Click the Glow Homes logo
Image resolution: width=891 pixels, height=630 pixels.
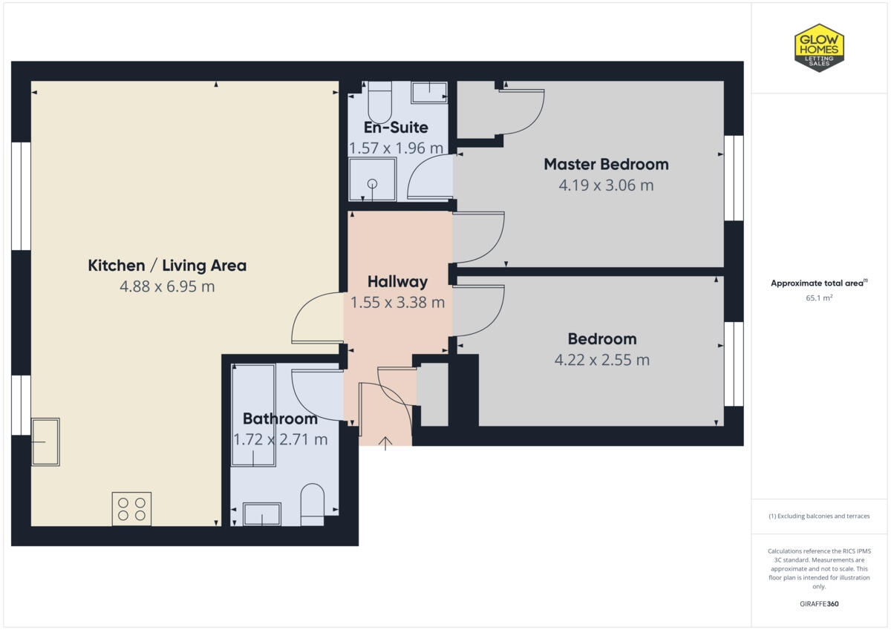[x=819, y=47]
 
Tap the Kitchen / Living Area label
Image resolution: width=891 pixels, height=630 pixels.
[x=167, y=265]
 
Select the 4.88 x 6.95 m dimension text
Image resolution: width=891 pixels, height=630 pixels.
[x=167, y=286]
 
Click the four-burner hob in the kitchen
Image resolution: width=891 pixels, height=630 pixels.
[x=131, y=509]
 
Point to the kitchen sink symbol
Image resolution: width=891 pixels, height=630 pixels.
[x=45, y=442]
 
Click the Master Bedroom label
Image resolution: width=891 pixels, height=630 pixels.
[x=606, y=164]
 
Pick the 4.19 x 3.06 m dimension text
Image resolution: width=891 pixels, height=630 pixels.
[x=606, y=185]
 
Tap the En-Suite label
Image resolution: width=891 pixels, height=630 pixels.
[x=395, y=128]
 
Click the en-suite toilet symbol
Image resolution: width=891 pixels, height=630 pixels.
[x=379, y=102]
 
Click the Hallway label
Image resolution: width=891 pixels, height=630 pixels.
[x=397, y=281]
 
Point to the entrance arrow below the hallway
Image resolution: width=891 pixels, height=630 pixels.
[x=385, y=443]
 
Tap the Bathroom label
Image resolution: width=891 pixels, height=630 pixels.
[x=280, y=419]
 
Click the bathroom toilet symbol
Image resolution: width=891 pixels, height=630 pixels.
[x=313, y=505]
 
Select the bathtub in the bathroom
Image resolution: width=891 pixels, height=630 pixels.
[x=253, y=415]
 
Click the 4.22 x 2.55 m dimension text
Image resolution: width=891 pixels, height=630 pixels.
[x=602, y=360]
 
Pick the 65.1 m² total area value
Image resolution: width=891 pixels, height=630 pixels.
[x=819, y=298]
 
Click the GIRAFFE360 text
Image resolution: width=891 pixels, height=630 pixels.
[x=819, y=604]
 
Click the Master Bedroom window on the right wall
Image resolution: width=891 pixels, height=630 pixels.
[x=733, y=178]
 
